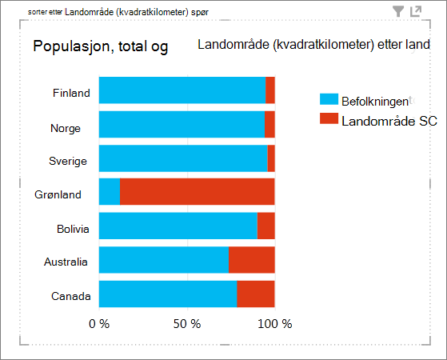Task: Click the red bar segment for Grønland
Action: click(198, 192)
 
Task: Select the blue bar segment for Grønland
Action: click(110, 192)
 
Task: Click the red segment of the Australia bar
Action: click(252, 260)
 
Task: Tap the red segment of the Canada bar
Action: click(256, 294)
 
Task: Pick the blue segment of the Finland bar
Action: click(182, 90)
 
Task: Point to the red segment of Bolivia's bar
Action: click(266, 226)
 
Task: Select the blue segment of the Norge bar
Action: click(182, 124)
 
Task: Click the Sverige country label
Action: click(68, 161)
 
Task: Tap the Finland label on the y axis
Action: click(71, 93)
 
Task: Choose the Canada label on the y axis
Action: click(71, 296)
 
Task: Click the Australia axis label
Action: click(66, 262)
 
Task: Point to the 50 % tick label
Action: click(187, 324)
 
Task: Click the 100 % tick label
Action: click(275, 324)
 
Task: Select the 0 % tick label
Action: click(99, 324)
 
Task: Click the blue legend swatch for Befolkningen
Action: click(329, 99)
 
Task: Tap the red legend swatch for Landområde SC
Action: click(329, 118)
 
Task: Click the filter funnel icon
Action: click(398, 11)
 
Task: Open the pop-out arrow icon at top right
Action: click(416, 11)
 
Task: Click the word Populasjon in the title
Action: click(71, 46)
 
